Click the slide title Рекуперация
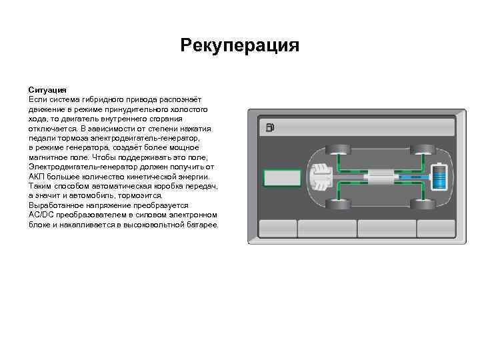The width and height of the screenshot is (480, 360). [x=240, y=46]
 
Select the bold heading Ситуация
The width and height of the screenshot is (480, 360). [x=47, y=89]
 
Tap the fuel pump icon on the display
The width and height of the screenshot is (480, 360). [x=269, y=127]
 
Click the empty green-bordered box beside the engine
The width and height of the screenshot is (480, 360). [x=282, y=177]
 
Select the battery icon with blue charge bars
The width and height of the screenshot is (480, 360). [x=439, y=177]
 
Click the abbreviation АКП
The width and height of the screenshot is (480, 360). [x=37, y=176]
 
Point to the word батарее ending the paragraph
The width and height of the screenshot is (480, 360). [x=203, y=225]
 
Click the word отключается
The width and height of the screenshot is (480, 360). [x=51, y=127]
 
